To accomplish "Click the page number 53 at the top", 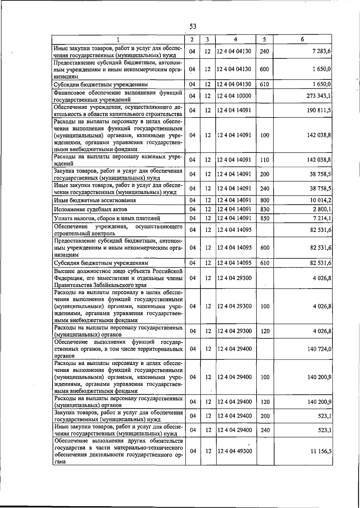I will pos(193,27).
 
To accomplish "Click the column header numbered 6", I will pos(302,39).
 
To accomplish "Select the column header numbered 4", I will pos(235,39).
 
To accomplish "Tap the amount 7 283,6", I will pos(321,51).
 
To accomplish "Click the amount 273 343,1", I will pos(319,96).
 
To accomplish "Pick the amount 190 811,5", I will pos(319,110).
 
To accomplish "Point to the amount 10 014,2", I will pos(320,200).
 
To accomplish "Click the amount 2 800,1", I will pos(321,209).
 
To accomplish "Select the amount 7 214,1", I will pos(321,218).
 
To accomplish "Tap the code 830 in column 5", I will pos(265,209).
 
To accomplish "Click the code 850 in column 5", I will pos(265,218).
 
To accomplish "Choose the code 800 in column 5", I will pos(265,200).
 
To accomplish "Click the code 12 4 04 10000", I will pos(234,96).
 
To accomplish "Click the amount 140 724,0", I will pos(319,349).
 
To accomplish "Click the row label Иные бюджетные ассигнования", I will pos(95,200).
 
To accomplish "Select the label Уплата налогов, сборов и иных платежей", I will pos(107,218).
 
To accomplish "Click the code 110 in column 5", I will pos(265,160).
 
